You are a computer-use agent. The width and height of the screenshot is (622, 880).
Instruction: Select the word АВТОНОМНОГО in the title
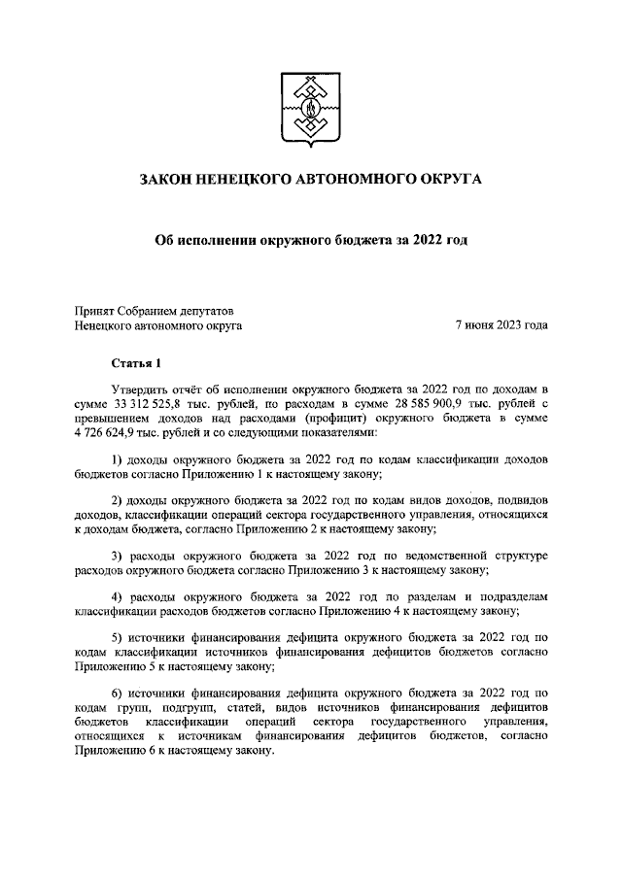point(343,179)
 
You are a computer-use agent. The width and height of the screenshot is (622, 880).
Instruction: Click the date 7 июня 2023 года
point(501,325)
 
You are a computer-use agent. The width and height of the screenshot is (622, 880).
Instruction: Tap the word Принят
point(95,310)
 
